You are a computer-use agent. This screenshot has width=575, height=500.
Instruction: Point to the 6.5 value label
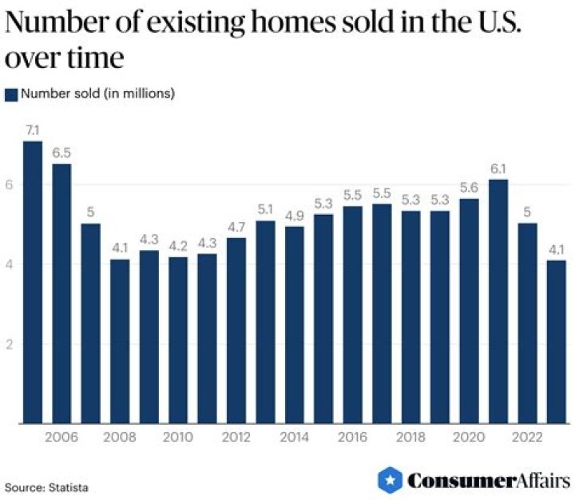[61, 152]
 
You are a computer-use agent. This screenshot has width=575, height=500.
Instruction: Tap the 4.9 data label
[295, 215]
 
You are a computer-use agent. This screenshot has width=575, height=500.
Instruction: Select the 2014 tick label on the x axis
[295, 437]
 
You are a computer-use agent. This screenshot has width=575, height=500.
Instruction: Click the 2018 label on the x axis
[410, 437]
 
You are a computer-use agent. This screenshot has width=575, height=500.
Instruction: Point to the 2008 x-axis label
[120, 437]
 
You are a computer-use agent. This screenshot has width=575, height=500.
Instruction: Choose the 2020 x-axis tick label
[469, 437]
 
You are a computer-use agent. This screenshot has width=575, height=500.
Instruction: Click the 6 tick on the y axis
[9, 185]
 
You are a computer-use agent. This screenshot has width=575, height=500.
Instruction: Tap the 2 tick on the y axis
[9, 344]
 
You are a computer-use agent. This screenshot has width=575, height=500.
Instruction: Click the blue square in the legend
[11, 94]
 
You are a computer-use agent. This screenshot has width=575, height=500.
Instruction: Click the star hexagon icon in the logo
[390, 480]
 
